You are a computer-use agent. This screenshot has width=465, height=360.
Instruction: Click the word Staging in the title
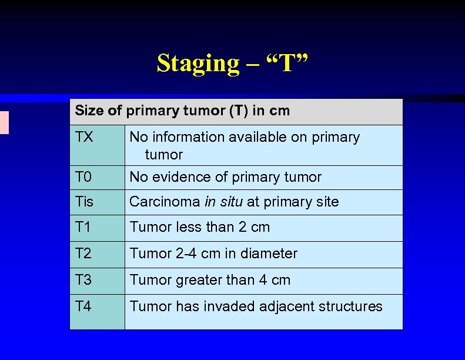(x=199, y=64)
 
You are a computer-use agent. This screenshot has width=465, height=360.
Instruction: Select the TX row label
(x=84, y=137)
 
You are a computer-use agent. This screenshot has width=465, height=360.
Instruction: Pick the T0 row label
(x=84, y=177)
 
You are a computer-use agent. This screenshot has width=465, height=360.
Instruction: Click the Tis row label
(x=85, y=202)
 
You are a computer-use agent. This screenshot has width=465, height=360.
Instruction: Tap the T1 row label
(x=84, y=227)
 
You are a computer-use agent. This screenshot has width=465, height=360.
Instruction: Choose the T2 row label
(x=84, y=254)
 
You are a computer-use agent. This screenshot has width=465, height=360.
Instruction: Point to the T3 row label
(x=84, y=280)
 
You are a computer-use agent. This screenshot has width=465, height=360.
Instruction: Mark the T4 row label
(x=84, y=306)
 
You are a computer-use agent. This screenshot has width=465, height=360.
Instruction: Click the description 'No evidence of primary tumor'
(x=225, y=177)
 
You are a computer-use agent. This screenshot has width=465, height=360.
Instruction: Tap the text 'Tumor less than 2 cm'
(x=199, y=227)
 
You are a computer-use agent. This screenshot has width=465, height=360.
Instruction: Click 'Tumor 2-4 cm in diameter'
(x=213, y=254)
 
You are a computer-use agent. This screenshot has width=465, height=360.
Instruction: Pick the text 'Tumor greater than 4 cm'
(x=210, y=280)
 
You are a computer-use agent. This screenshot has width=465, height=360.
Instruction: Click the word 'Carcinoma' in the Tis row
(x=165, y=202)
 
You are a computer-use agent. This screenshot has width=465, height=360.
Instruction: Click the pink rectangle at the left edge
(x=4, y=122)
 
